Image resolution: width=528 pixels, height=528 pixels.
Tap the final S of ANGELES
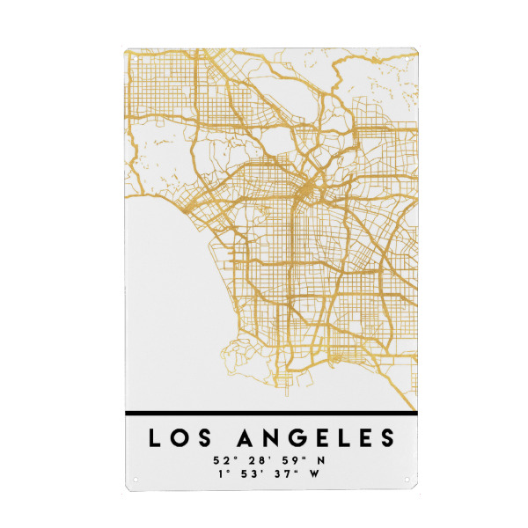pyautogui.click(x=385, y=438)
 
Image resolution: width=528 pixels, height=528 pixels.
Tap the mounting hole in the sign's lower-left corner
pyautogui.click(x=136, y=480)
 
